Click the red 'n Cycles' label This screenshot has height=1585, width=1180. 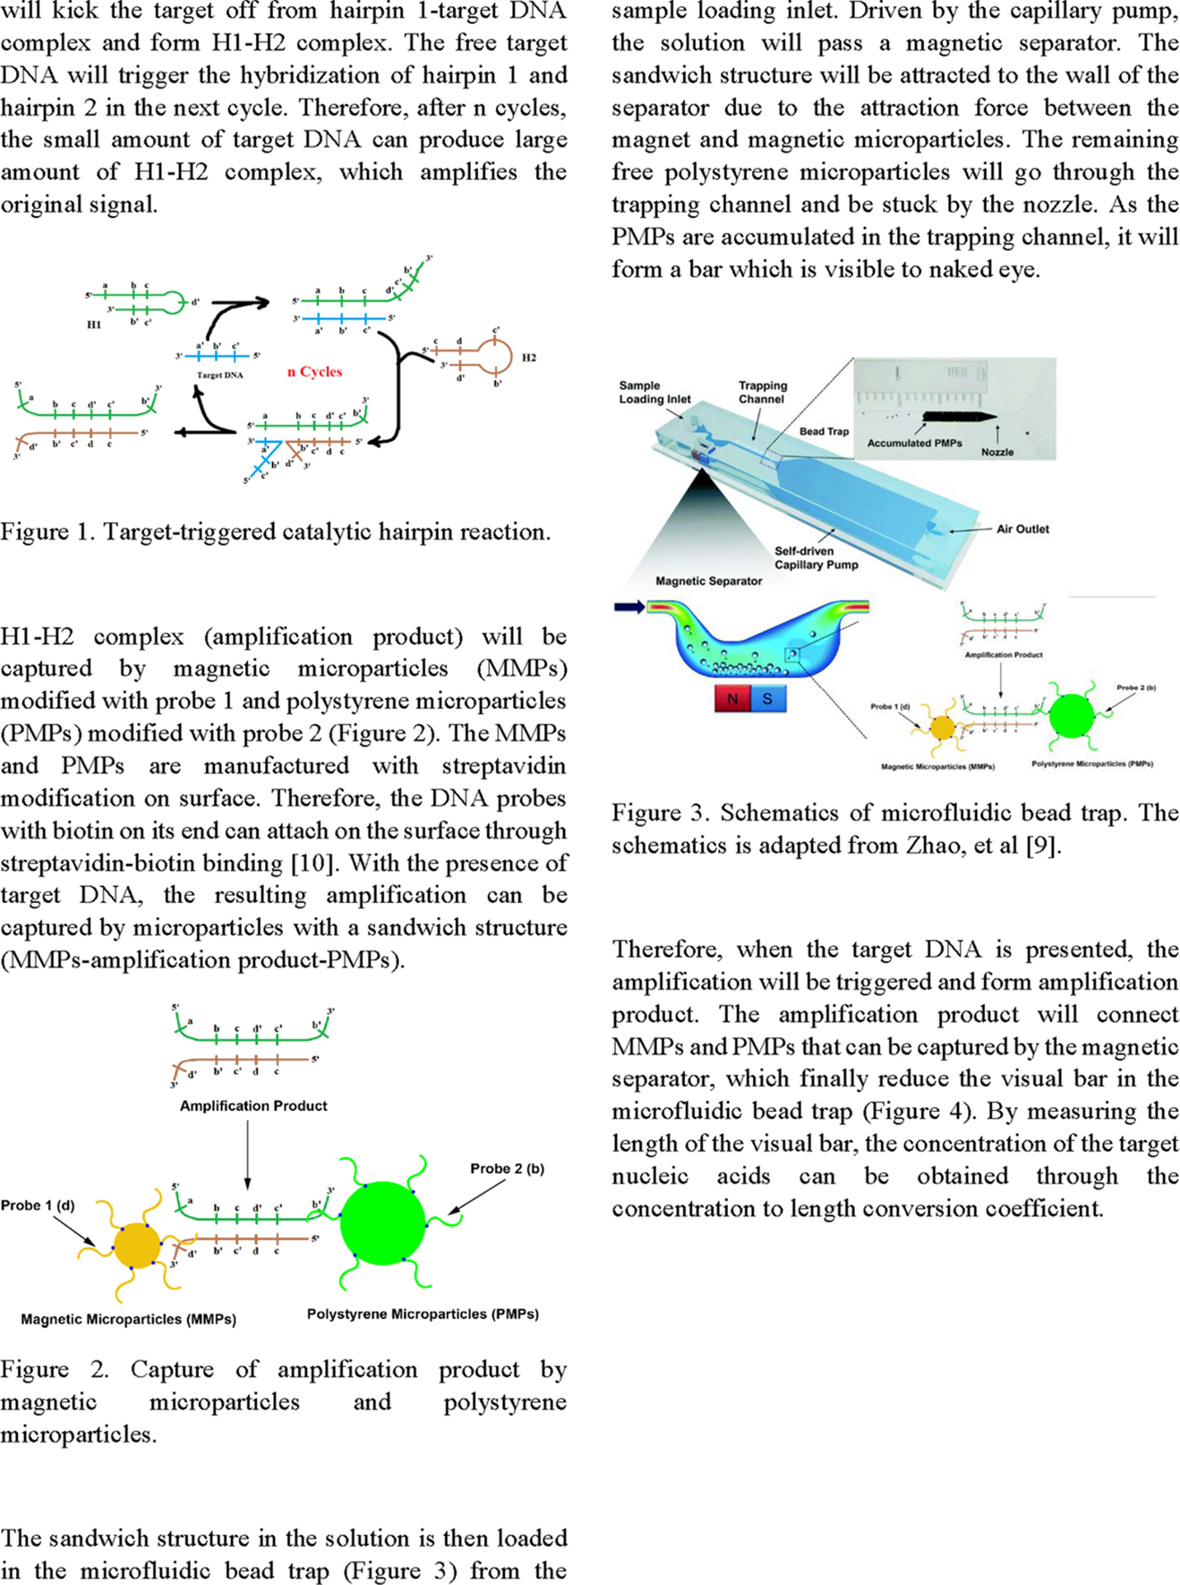(x=314, y=372)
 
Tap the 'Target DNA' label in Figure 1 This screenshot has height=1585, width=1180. (x=219, y=374)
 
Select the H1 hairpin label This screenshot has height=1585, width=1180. (x=94, y=324)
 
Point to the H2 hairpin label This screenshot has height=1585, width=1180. (x=529, y=357)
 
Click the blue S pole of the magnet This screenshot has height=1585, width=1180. (x=767, y=698)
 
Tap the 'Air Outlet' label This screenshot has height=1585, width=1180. (x=1023, y=529)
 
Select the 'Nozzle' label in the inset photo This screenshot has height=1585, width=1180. (x=997, y=452)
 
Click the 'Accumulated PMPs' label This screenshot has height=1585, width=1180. (x=914, y=443)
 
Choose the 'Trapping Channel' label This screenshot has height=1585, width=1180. (x=762, y=392)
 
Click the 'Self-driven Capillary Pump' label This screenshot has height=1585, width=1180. (x=816, y=558)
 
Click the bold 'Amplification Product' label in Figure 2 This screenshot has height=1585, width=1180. (x=254, y=1106)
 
